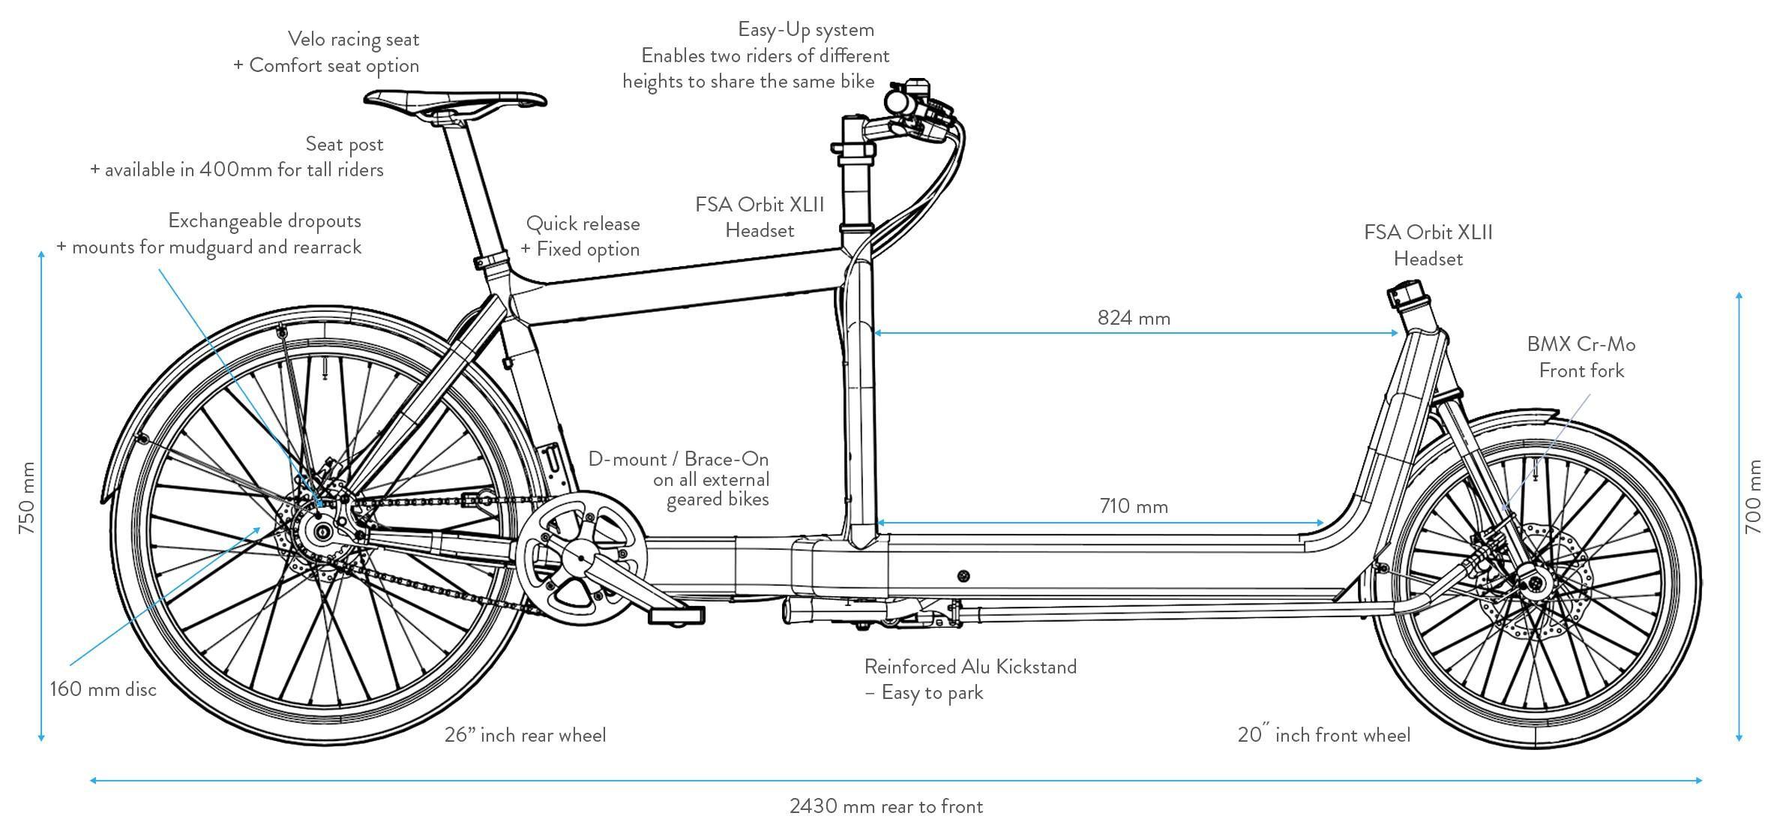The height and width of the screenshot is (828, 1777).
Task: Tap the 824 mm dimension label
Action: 1133,318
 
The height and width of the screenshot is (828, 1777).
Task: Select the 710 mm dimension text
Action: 1133,506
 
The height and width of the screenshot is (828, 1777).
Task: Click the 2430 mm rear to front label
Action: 886,806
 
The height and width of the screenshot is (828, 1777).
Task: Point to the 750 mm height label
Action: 27,497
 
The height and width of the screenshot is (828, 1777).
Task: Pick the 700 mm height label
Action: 1753,496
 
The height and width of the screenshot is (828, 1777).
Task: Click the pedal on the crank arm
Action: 676,615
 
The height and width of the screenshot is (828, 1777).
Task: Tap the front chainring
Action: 581,558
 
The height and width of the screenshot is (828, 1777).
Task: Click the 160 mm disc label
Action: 103,689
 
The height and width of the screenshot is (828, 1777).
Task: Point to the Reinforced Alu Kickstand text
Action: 970,667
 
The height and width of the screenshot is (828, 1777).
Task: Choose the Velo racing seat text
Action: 353,39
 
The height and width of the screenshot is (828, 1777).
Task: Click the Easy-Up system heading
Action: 806,30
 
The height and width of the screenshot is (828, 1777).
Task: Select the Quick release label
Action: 583,223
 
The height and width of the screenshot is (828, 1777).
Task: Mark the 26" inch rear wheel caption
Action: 525,735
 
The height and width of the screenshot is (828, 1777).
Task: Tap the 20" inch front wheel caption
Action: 1323,735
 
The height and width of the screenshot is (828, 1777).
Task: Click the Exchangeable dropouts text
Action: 265,220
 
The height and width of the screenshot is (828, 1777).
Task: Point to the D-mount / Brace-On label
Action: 678,459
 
